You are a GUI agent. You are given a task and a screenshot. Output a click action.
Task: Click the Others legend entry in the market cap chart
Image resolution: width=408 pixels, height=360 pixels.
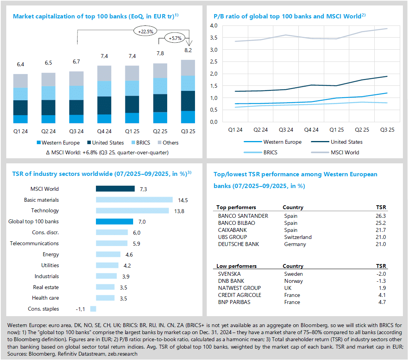point(167,143)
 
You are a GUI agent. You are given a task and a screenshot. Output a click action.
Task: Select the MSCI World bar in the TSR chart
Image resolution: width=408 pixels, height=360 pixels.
point(115,189)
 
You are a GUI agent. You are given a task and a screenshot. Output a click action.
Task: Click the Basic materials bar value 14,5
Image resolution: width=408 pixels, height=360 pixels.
point(182,200)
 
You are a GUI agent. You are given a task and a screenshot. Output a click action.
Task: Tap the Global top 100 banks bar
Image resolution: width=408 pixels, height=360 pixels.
point(114,222)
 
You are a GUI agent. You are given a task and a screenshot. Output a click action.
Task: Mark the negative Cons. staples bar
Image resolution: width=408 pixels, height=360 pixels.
point(93,309)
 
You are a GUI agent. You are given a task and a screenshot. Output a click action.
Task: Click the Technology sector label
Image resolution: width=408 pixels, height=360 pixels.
point(45,211)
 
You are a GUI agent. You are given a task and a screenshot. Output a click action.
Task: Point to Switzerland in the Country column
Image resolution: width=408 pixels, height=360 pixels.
point(298,237)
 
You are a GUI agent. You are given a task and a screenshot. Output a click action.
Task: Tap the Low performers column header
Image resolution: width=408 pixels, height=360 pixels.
point(236,266)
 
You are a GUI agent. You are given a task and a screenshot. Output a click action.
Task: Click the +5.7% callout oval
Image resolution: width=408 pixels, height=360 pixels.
point(175,38)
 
